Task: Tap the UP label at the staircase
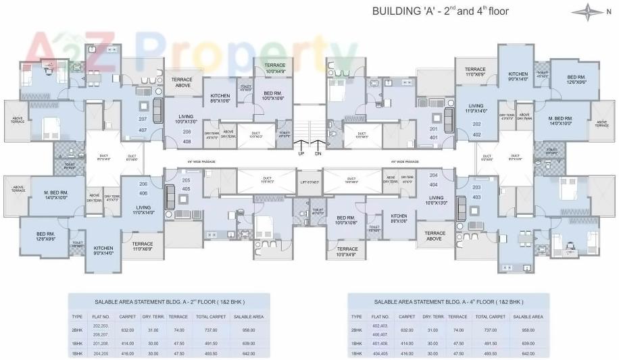tap(301, 153)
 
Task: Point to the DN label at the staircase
tap(318, 153)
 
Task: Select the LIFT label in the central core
tap(308, 182)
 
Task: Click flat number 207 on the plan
tap(143, 119)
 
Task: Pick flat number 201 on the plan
tap(434, 128)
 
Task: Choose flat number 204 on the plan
tap(434, 175)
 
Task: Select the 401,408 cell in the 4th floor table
tap(380, 342)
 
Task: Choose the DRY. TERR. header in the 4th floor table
tap(433, 317)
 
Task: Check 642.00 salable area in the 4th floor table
tap(527, 353)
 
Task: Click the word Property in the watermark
tap(250, 49)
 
